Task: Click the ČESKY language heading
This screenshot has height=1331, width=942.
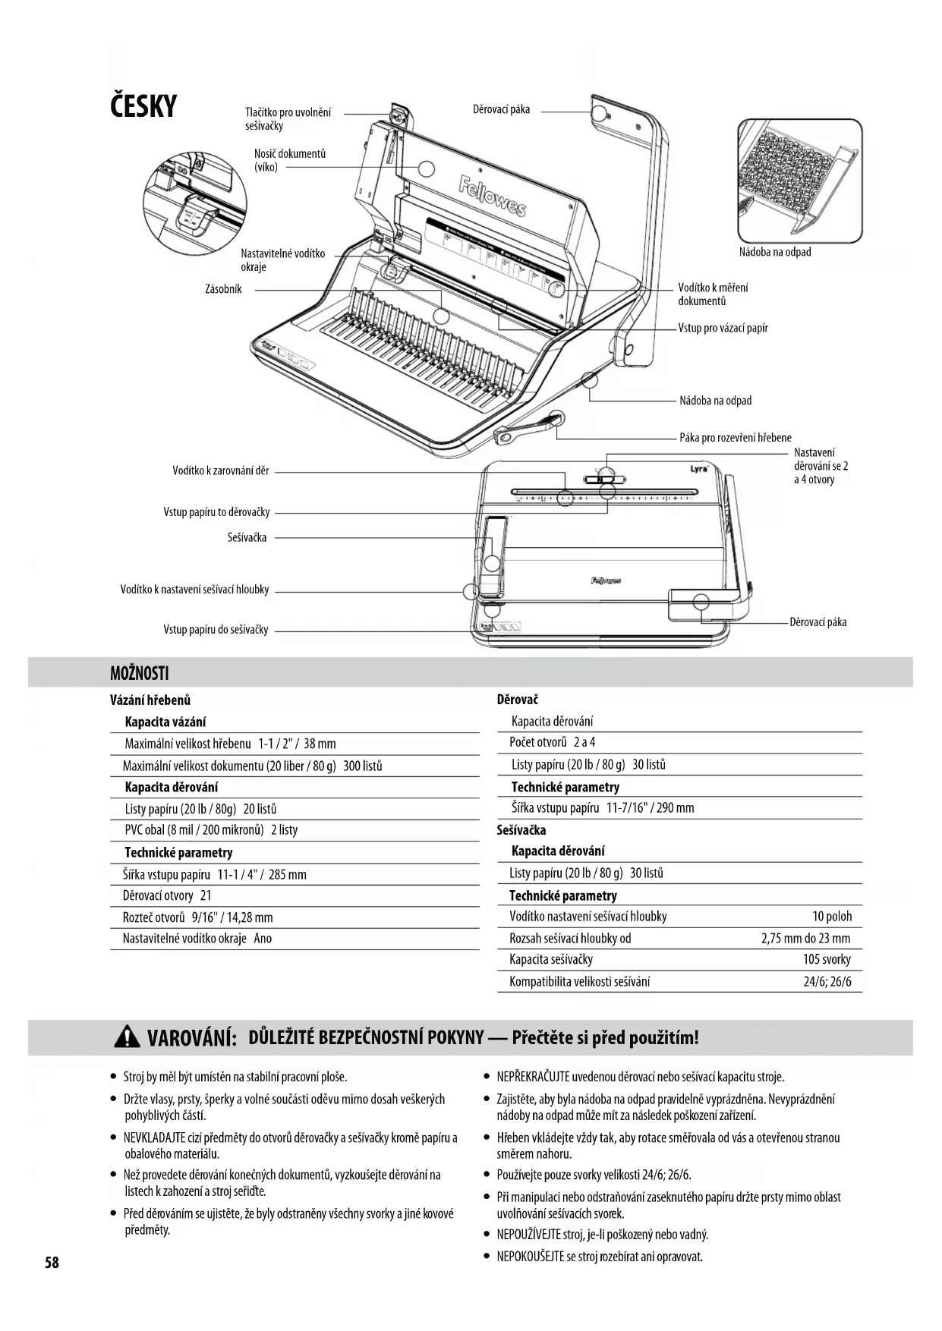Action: pos(143,106)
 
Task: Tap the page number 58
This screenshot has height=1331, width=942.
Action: pos(52,1263)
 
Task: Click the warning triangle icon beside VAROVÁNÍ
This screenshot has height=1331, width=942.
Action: pos(127,1037)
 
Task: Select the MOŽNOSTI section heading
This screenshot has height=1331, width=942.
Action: pos(140,673)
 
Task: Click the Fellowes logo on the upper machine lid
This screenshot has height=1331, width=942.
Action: pos(492,196)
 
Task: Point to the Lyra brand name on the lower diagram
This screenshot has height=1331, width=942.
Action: pos(699,468)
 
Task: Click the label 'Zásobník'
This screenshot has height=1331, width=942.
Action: pos(223,289)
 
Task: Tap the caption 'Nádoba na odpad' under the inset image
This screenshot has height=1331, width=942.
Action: pos(775,252)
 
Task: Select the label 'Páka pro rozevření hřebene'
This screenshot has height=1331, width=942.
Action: pos(735,437)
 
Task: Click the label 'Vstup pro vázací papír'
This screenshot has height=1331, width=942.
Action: pos(723,328)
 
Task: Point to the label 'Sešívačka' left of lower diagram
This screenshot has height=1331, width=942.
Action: pos(247,537)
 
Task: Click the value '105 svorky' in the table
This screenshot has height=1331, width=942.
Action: pos(827,959)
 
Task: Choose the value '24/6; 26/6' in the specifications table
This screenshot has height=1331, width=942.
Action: pos(827,981)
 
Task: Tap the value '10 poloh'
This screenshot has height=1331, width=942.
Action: pos(832,916)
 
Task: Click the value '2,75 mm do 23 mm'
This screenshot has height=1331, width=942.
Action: pos(805,938)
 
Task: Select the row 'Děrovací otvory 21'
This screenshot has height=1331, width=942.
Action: pos(167,895)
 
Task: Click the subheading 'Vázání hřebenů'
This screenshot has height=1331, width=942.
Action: pos(150,700)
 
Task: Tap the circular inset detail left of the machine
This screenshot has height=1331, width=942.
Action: pos(194,205)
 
